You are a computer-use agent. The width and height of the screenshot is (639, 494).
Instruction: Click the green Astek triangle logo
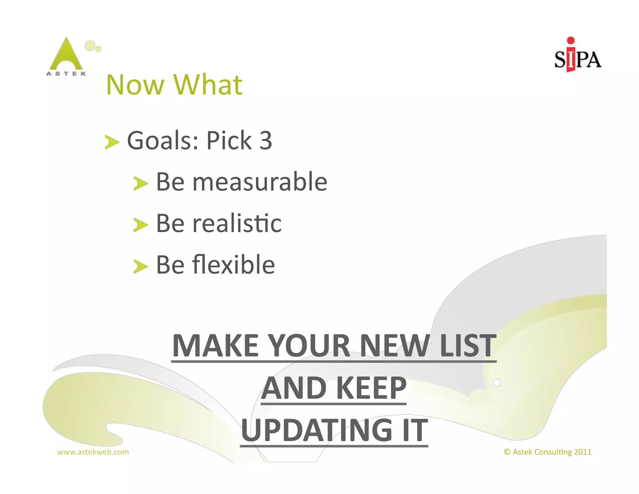click(x=66, y=55)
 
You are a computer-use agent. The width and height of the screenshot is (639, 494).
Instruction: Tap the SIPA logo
click(x=578, y=56)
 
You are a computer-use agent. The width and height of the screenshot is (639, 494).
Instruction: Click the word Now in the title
click(x=135, y=85)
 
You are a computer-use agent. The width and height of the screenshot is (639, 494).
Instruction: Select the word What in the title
click(x=208, y=85)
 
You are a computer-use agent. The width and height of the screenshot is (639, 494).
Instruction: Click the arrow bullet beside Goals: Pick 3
click(x=112, y=142)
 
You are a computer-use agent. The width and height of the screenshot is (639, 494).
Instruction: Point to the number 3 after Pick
click(x=266, y=141)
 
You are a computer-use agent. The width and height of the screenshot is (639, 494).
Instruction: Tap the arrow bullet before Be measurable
click(x=140, y=183)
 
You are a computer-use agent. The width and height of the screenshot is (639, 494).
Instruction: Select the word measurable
click(x=260, y=182)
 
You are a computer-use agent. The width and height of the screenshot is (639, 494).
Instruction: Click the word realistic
click(x=237, y=223)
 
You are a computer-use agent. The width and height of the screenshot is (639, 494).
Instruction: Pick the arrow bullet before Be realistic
click(x=140, y=225)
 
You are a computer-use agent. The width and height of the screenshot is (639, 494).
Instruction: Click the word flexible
click(x=233, y=265)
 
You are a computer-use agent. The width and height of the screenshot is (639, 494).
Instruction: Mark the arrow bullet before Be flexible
click(x=140, y=266)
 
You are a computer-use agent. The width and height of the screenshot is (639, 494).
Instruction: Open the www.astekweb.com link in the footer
click(x=93, y=452)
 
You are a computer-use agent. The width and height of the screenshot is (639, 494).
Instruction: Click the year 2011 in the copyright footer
click(x=583, y=452)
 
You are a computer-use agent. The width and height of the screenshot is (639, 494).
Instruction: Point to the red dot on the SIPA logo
click(x=571, y=40)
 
